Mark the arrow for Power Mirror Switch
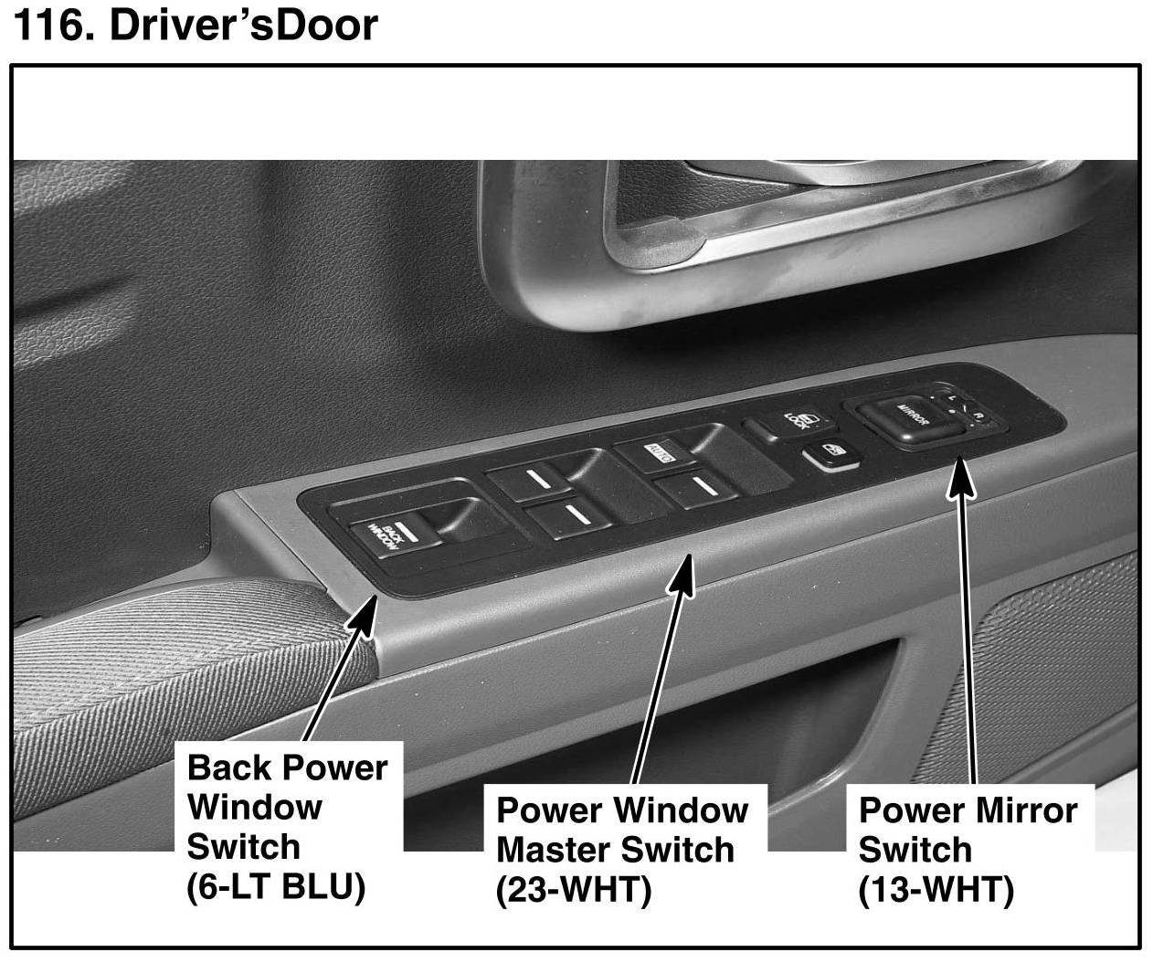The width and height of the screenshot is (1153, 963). click(964, 621)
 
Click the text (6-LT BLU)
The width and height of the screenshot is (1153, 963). click(276, 887)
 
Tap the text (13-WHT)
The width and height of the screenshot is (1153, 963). click(936, 890)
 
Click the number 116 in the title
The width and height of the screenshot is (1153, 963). click(51, 26)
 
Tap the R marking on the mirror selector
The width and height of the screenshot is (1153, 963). click(978, 418)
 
